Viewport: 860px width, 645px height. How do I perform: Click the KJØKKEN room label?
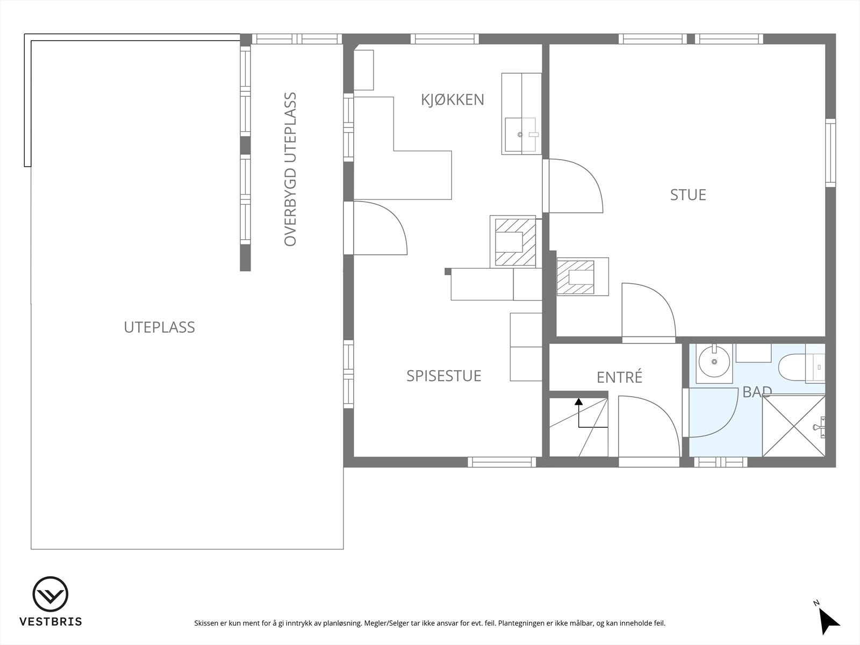coord(453,100)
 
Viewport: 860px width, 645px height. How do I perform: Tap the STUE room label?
coord(687,195)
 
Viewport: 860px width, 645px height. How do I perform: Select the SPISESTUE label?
coord(443,376)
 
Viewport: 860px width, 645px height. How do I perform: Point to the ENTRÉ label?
coord(619,377)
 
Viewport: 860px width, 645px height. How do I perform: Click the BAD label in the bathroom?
coord(757,392)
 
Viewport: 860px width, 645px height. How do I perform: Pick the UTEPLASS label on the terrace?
coord(159,327)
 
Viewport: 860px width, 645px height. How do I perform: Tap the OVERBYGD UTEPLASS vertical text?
coord(290,169)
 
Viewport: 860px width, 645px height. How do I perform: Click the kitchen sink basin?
coord(520,134)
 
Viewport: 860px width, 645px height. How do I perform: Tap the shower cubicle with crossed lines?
coord(793,426)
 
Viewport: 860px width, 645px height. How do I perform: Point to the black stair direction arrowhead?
coord(578,401)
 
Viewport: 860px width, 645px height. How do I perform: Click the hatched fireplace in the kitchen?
coord(513,242)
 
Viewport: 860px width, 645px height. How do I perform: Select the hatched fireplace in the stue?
coord(576,277)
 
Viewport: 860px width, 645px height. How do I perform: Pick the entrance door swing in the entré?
coord(645,426)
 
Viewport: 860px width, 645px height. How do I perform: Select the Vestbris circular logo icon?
coord(51,595)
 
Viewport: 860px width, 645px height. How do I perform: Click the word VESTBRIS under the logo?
coord(51,622)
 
